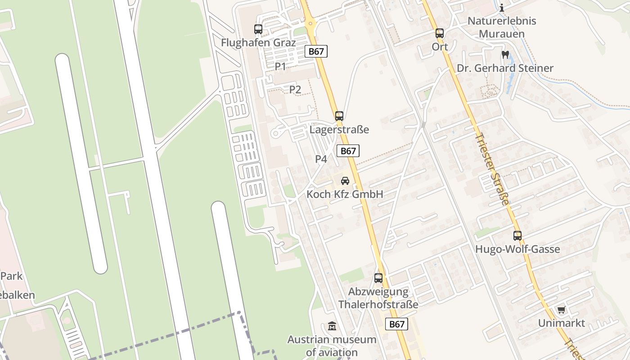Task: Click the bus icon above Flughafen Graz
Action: pyautogui.click(x=258, y=29)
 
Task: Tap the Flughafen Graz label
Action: pyautogui.click(x=258, y=43)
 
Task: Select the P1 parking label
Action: pyautogui.click(x=280, y=67)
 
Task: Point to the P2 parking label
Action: pyautogui.click(x=295, y=90)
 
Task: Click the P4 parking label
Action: pyautogui.click(x=321, y=159)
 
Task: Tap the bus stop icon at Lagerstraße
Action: pyautogui.click(x=339, y=116)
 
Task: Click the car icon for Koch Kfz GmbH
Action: pyautogui.click(x=345, y=181)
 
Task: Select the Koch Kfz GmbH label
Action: pyautogui.click(x=345, y=194)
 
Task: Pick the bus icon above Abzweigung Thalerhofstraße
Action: pyautogui.click(x=378, y=278)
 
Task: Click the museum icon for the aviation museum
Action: pyautogui.click(x=332, y=326)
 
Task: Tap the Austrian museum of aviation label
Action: pyautogui.click(x=332, y=346)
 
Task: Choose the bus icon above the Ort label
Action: pyautogui.click(x=440, y=33)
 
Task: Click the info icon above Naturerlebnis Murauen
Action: pyautogui.click(x=502, y=8)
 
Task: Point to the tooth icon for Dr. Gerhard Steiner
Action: pyautogui.click(x=505, y=55)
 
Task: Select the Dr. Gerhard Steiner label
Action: pyautogui.click(x=505, y=68)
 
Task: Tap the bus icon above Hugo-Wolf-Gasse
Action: pyautogui.click(x=517, y=235)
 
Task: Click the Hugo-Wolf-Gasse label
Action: pyautogui.click(x=517, y=249)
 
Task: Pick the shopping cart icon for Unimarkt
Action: pyautogui.click(x=561, y=310)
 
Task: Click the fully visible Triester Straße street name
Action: pyautogui.click(x=492, y=169)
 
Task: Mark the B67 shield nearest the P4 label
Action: pyautogui.click(x=348, y=151)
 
